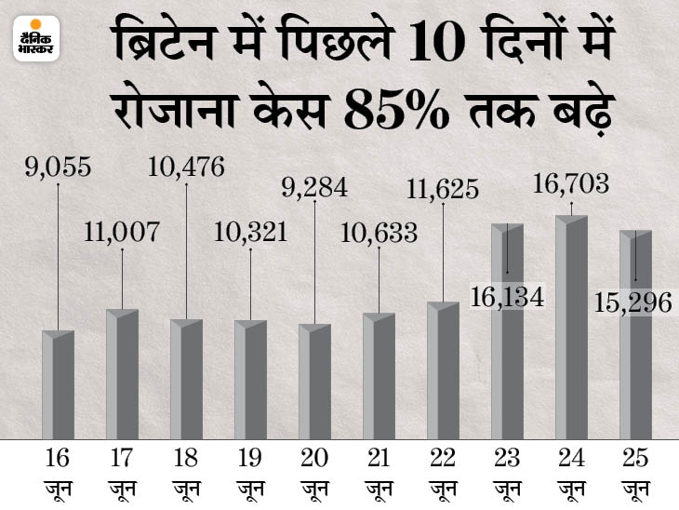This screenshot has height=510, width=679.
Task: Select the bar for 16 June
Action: pyautogui.click(x=58, y=386)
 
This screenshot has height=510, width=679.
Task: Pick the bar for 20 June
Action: pyautogui.click(x=314, y=383)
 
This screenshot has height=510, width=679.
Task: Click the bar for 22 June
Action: pyautogui.click(x=443, y=372)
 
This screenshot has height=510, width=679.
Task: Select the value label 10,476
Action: pyautogui.click(x=186, y=168)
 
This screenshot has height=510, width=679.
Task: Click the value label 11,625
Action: pyautogui.click(x=443, y=190)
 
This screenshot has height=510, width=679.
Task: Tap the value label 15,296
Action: pyautogui.click(x=635, y=300)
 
